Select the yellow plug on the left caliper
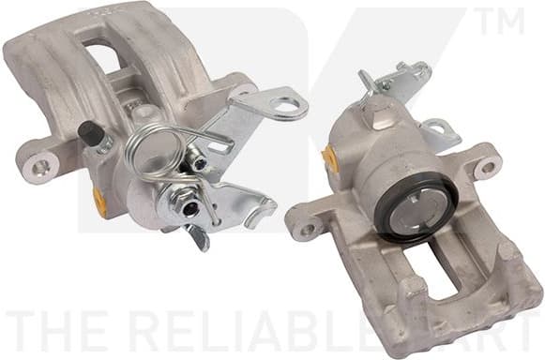click(x=99, y=200)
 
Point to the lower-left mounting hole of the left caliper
click(x=40, y=168)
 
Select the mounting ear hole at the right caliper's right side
click(x=489, y=169)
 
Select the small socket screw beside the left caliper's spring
click(x=199, y=163)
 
